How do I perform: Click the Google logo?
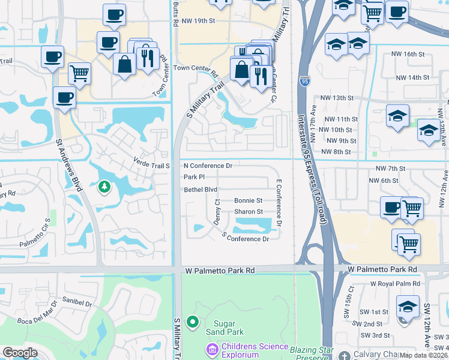click(x=20, y=353)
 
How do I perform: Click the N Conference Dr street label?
click(x=208, y=165)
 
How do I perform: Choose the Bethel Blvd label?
click(x=200, y=190)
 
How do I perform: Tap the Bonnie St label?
click(x=248, y=200)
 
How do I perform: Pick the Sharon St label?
click(x=248, y=212)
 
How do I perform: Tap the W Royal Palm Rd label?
click(x=396, y=284)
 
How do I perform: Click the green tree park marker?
click(x=104, y=187)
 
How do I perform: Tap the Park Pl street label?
click(x=194, y=177)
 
